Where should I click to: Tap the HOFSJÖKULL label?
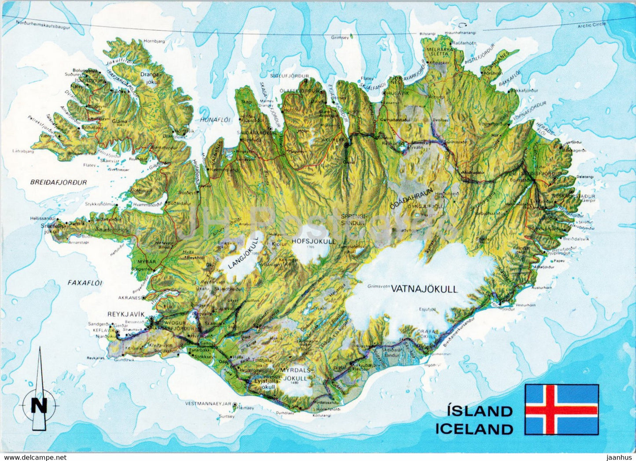313,241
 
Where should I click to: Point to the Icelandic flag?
562,409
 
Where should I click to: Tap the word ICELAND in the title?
474,428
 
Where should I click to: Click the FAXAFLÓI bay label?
85,283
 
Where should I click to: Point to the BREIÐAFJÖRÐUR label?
59,182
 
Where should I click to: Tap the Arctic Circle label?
592,25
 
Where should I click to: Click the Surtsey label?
226,417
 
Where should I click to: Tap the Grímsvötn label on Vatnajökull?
379,286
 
